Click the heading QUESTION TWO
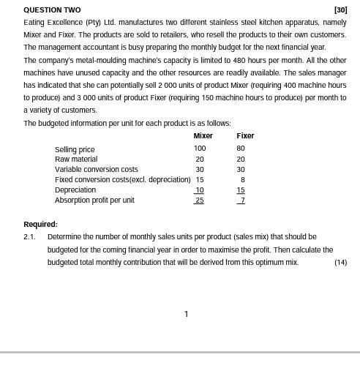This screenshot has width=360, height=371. (52, 10)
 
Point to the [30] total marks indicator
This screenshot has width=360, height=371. (340, 10)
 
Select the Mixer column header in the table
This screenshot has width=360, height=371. (203, 136)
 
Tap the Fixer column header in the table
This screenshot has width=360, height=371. (245, 136)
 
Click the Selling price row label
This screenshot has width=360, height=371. (75, 149)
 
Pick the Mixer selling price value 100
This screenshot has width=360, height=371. (200, 149)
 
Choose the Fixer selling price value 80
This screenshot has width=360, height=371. (241, 149)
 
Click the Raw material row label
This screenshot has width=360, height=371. (76, 160)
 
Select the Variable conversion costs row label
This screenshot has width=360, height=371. (96, 170)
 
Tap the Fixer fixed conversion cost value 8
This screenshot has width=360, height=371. (242, 179)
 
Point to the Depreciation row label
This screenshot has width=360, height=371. (75, 190)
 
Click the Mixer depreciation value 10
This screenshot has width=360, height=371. (200, 190)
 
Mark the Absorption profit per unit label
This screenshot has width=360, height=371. (94, 201)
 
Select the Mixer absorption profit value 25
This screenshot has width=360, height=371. (200, 201)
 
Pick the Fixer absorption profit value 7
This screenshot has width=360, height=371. (241, 201)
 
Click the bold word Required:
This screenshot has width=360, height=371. (40, 225)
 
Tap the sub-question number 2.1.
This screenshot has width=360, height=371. (29, 237)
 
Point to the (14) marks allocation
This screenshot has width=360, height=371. (340, 262)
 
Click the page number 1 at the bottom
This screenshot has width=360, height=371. (186, 314)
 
